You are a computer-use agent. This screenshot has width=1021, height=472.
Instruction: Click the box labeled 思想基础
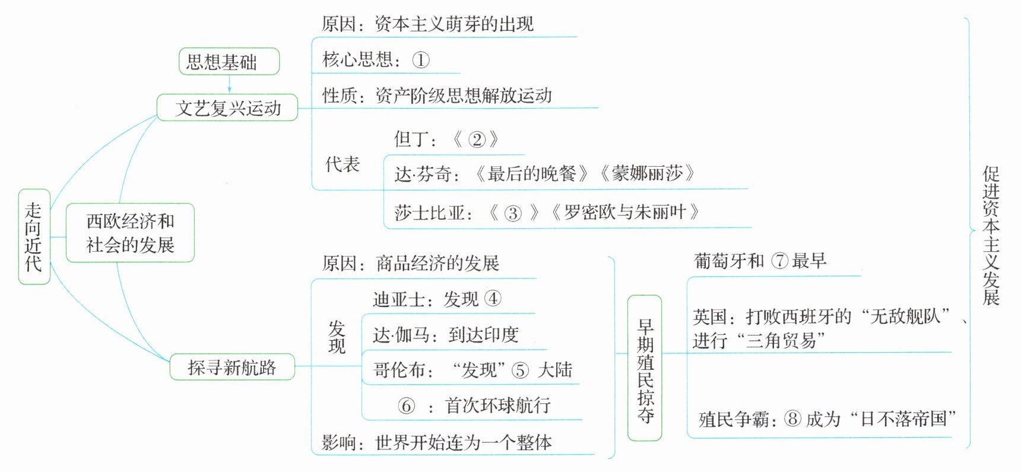click(229, 62)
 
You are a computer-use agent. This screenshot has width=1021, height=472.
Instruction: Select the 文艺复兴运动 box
click(227, 108)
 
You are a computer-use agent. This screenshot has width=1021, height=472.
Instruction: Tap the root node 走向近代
click(34, 237)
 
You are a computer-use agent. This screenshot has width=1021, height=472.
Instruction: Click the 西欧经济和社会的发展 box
click(130, 233)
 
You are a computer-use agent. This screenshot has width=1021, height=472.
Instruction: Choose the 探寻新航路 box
click(232, 367)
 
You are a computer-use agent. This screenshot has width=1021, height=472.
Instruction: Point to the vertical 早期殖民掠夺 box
click(645, 368)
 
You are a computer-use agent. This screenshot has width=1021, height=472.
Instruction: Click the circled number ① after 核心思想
click(420, 60)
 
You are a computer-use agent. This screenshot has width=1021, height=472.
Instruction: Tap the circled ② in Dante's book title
click(476, 140)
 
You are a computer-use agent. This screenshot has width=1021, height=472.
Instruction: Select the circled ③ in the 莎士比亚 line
click(512, 213)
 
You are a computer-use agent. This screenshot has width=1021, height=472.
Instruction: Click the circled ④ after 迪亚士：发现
click(493, 298)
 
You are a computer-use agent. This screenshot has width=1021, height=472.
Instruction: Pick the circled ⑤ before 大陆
click(520, 370)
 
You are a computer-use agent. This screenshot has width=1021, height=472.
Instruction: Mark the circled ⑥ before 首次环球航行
click(406, 406)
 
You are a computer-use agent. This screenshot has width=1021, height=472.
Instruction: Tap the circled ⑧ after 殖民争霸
click(792, 419)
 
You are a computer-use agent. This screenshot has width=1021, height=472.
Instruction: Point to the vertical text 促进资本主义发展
click(991, 235)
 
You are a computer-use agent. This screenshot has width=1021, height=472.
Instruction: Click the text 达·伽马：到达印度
click(445, 335)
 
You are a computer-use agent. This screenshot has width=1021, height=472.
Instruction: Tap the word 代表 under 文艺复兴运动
click(343, 164)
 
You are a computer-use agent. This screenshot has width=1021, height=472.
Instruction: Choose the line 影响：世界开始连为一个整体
click(436, 442)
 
